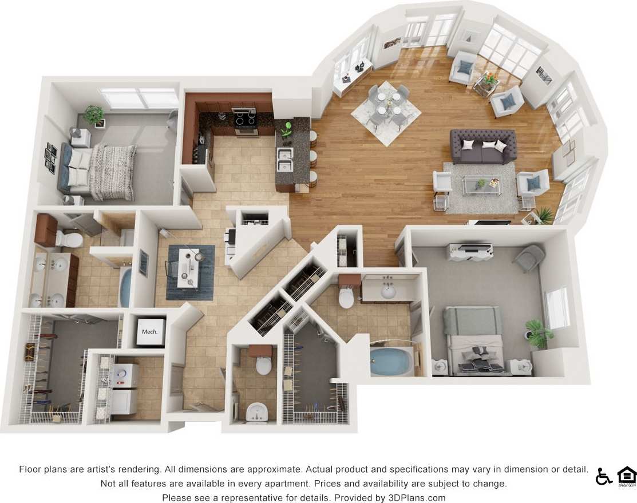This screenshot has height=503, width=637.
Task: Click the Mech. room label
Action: click(149, 332)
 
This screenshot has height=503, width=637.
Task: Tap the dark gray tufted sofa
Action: click(484, 146)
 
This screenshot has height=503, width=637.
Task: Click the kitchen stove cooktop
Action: click(246, 119)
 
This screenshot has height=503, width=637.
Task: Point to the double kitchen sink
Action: click(285, 160)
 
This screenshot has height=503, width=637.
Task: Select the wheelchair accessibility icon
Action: click(603, 476)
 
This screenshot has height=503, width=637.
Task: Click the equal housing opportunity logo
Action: click(626, 476)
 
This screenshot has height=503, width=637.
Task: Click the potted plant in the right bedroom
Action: click(538, 332)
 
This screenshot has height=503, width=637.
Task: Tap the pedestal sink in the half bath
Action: click(257, 411)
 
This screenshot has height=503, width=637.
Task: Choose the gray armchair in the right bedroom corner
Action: click(528, 258)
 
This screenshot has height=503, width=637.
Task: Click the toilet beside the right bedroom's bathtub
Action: click(347, 297)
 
